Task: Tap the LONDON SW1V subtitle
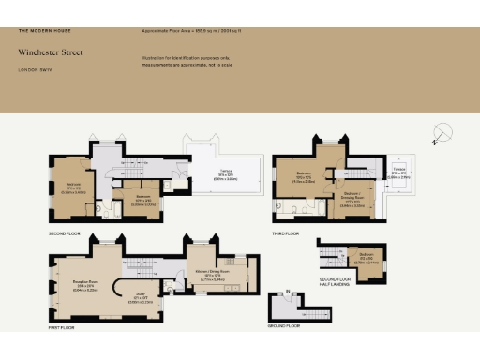click(x=35, y=69)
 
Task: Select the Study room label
click(x=134, y=299)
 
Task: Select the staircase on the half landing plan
click(x=329, y=254)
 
